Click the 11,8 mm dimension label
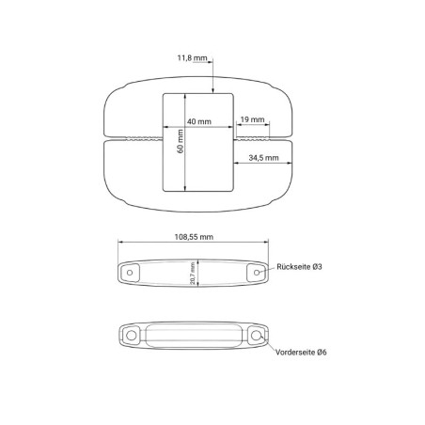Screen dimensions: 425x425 pyautogui.click(x=192, y=58)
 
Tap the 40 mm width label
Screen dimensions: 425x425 pyautogui.click(x=199, y=121)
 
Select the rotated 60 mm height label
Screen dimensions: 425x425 pyautogui.click(x=181, y=141)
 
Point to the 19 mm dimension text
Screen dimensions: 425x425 pyautogui.click(x=252, y=119)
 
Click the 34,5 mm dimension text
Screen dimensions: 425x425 pyautogui.click(x=263, y=158)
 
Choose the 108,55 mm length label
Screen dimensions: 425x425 pyautogui.click(x=194, y=237)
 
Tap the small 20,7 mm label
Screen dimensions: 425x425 pyautogui.click(x=193, y=273)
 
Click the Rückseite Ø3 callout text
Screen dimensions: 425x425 pyautogui.click(x=299, y=267)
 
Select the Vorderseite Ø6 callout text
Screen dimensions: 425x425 pyautogui.click(x=301, y=352)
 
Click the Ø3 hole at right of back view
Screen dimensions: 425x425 pyautogui.click(x=257, y=273)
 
